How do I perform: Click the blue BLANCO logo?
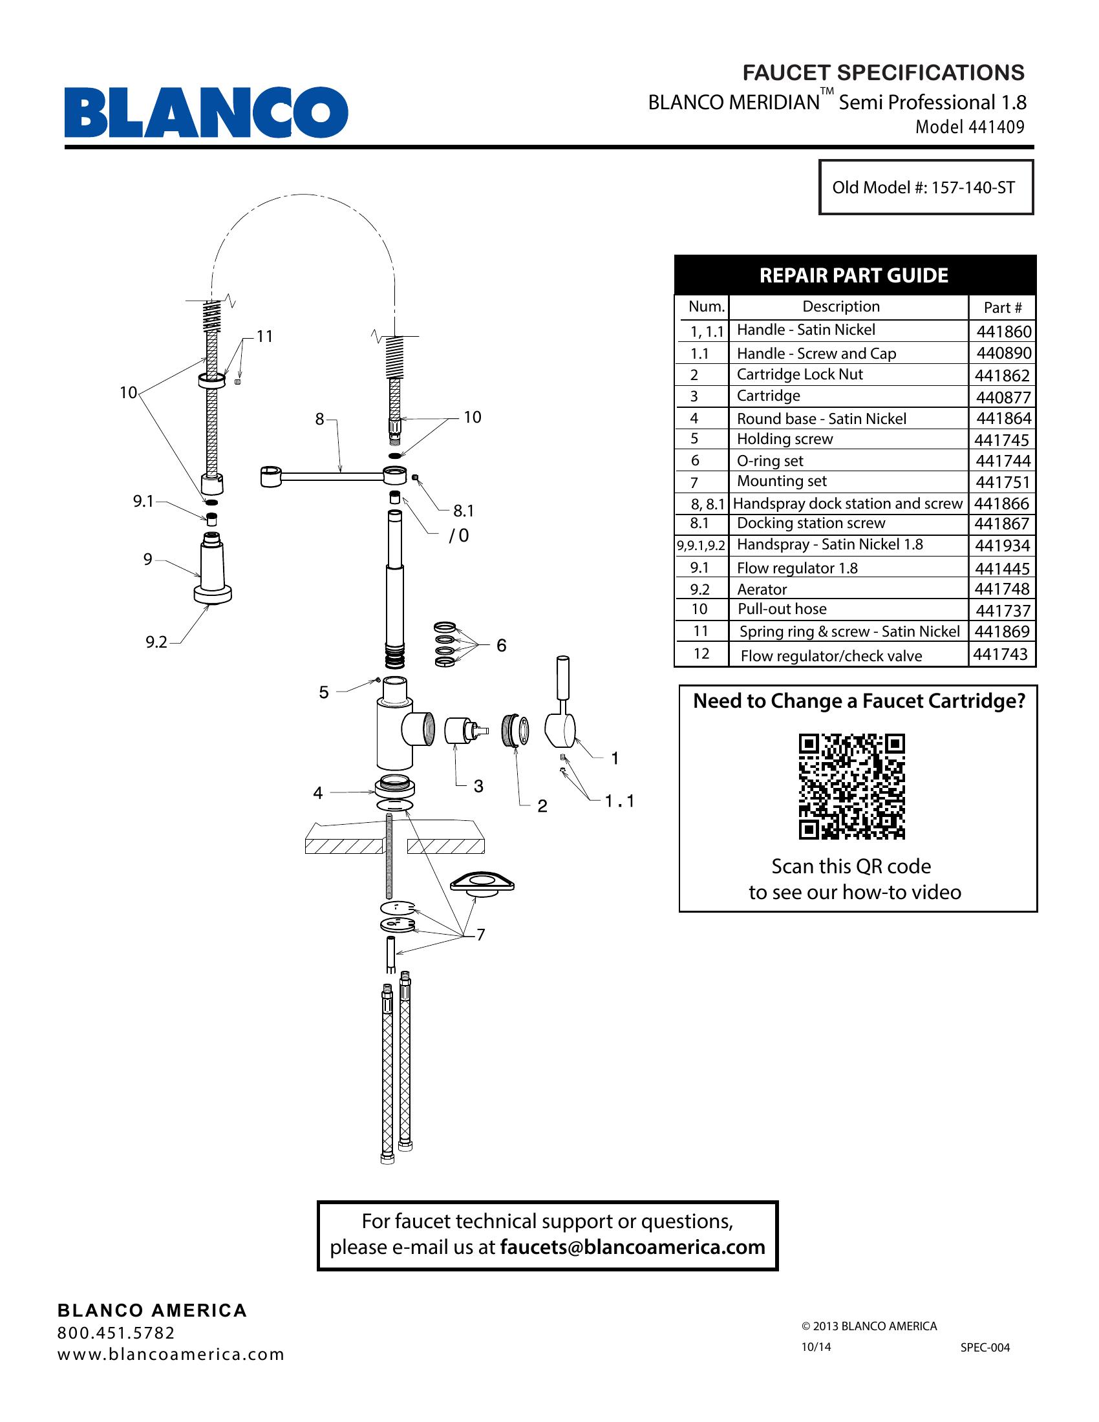(x=206, y=112)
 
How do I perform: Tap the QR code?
(x=851, y=787)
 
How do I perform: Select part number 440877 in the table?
(x=1003, y=397)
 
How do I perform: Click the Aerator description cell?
(x=762, y=589)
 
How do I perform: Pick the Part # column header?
(x=1003, y=307)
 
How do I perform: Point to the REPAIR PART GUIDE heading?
(x=853, y=275)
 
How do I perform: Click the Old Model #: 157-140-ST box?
(x=925, y=187)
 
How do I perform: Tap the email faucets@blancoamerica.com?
(x=632, y=1247)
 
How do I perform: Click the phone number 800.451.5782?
(x=116, y=1333)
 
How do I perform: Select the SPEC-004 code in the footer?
(x=985, y=1347)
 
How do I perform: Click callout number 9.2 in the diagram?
(x=156, y=642)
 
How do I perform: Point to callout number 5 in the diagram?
(x=324, y=692)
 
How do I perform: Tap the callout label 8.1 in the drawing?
(x=464, y=511)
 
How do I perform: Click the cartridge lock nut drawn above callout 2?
(x=516, y=730)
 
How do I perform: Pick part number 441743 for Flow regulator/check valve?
(x=1001, y=653)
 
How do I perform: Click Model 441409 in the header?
(x=970, y=127)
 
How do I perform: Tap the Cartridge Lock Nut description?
(x=800, y=374)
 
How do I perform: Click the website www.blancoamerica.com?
(x=171, y=1354)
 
